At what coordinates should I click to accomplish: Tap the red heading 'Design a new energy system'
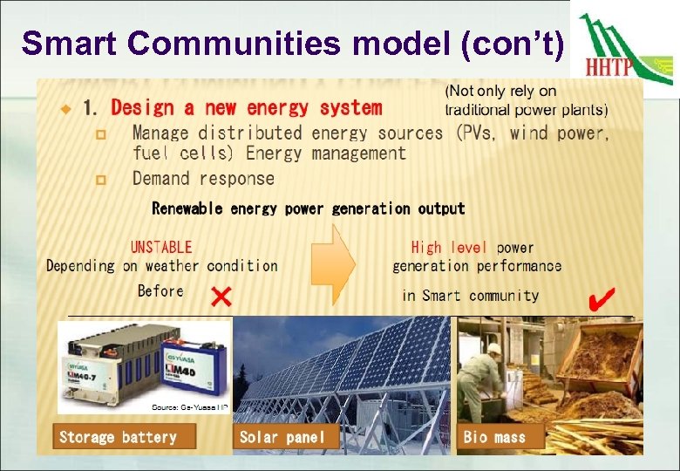click(x=246, y=108)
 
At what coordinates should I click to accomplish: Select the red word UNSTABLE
click(x=161, y=248)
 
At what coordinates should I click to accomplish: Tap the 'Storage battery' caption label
click(x=118, y=437)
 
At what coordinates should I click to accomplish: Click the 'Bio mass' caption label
click(x=495, y=437)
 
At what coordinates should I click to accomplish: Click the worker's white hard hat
click(x=494, y=349)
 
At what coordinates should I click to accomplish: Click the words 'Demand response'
click(x=203, y=179)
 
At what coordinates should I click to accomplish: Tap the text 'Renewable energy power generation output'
click(x=309, y=208)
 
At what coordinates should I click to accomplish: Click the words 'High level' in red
click(x=449, y=248)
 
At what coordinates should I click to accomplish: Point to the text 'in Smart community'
click(x=470, y=296)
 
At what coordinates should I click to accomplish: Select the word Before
click(x=160, y=290)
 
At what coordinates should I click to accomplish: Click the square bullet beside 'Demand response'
click(x=100, y=180)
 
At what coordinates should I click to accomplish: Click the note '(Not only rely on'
click(x=500, y=92)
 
